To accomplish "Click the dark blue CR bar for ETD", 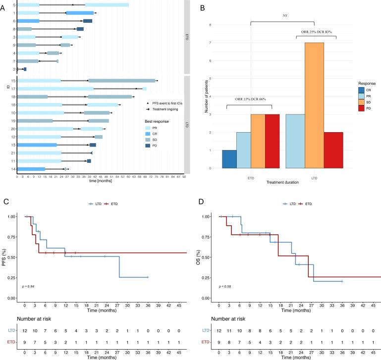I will pyautogui.click(x=229, y=159).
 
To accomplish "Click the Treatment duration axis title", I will pyautogui.click(x=282, y=183).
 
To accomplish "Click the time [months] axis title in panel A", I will pyautogui.click(x=100, y=181).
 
